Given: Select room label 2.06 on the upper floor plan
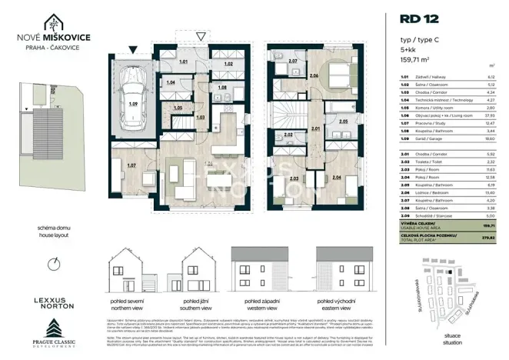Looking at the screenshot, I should coord(312,76).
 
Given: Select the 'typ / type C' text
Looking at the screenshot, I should coord(419,37).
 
